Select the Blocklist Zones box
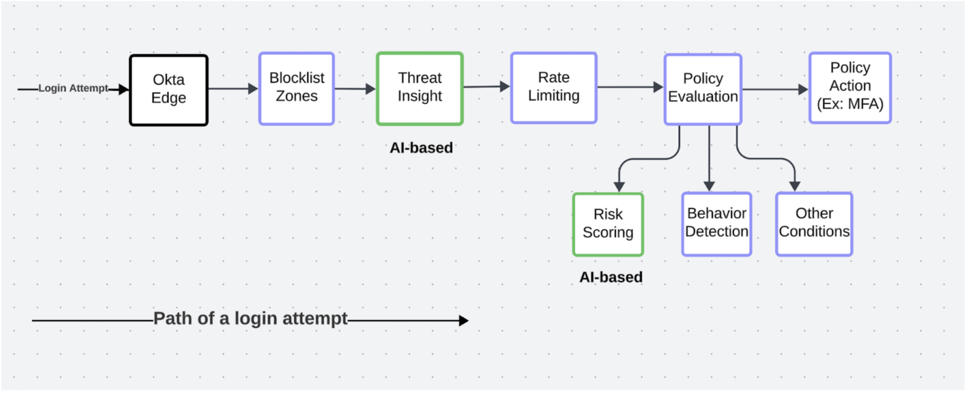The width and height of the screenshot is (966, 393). click(296, 88)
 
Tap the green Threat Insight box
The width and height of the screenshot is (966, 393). click(420, 88)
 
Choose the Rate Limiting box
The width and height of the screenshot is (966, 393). click(554, 87)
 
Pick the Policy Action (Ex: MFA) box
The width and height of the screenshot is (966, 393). click(850, 87)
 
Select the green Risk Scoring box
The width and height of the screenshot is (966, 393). click(608, 224)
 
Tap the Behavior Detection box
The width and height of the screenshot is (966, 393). click(716, 224)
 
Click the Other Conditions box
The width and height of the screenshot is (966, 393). click(814, 224)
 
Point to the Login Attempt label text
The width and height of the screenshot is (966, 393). click(73, 88)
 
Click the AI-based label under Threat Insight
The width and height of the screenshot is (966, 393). click(421, 148)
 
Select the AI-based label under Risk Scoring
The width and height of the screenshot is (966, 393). click(611, 277)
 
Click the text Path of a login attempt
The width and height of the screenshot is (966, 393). click(250, 318)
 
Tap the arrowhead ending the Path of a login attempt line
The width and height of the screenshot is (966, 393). click(464, 320)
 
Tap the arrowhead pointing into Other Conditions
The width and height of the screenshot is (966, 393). click(795, 186)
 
